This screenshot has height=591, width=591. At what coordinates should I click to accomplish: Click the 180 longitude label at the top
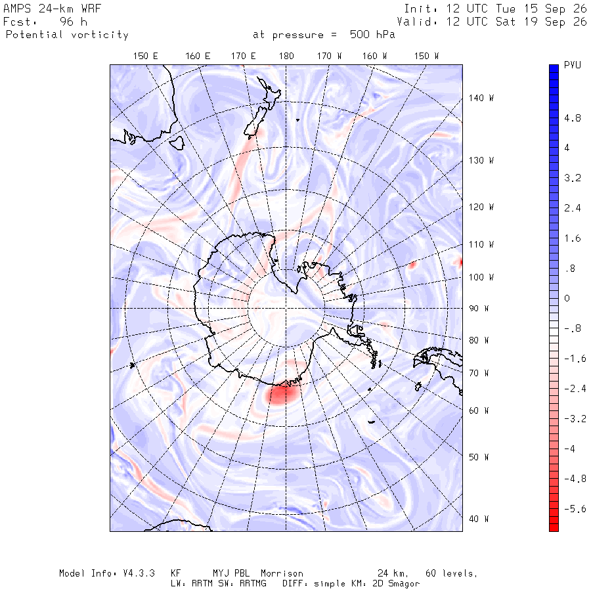286,56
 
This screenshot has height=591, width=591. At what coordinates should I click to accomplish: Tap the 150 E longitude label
146,56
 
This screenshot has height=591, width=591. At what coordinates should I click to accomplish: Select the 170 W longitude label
329,56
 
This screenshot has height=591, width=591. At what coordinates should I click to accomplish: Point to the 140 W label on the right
481,98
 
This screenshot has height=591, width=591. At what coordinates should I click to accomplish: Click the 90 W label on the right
479,309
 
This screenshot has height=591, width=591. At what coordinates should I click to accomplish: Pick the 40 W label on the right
479,519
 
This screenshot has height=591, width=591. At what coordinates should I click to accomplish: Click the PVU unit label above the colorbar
572,65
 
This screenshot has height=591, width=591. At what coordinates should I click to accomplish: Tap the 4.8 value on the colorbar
572,118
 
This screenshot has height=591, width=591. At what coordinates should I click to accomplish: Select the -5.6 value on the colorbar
575,509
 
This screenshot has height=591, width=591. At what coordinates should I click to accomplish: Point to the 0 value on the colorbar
567,299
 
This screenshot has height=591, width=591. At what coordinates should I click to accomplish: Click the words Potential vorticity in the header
67,35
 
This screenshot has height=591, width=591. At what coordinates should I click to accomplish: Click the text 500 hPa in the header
372,35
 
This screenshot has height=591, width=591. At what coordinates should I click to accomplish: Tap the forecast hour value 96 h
74,22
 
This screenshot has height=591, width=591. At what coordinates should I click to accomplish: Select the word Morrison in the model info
282,573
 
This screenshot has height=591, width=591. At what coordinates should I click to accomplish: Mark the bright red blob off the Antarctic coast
282,394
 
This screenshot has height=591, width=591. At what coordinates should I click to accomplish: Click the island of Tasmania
177,143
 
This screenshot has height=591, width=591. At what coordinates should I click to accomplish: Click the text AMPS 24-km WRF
52,9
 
